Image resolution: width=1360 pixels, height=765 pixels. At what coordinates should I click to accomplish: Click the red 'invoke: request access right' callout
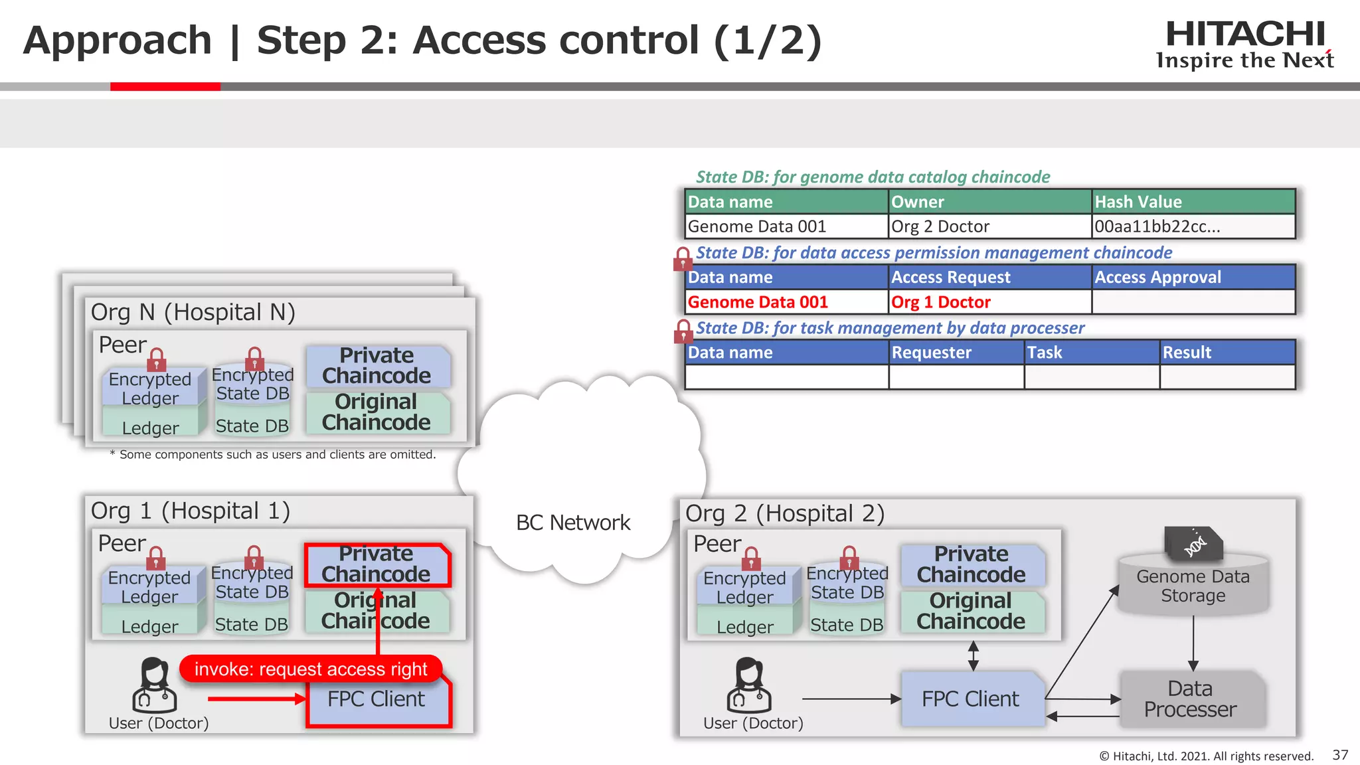(x=310, y=669)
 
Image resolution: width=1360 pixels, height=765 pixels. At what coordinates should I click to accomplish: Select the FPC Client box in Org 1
(x=377, y=700)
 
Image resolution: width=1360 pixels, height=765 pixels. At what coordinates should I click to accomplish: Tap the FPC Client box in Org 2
(x=970, y=699)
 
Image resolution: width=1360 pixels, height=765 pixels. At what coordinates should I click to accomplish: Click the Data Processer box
(x=1191, y=699)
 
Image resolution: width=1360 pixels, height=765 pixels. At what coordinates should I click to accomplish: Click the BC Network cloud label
(x=573, y=523)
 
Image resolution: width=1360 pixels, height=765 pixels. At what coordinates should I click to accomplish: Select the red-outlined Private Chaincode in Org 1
(x=377, y=564)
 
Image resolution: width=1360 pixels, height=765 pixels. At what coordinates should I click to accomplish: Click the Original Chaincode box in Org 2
(x=971, y=611)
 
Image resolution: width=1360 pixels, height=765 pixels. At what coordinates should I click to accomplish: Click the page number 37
(x=1340, y=755)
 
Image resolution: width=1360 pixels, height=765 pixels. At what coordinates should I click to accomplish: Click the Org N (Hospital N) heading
(x=193, y=312)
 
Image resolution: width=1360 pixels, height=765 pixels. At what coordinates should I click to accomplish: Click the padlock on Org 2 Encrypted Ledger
(x=751, y=559)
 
